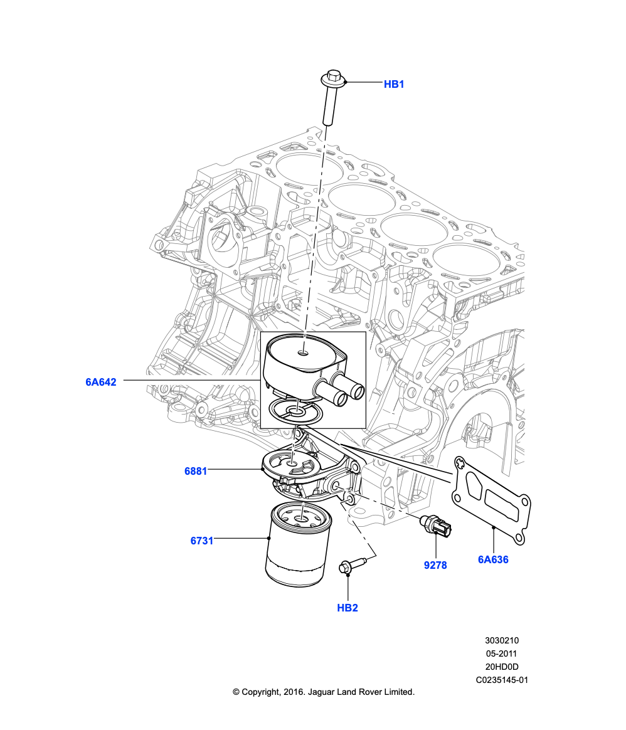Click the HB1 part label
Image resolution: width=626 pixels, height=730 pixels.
click(x=394, y=84)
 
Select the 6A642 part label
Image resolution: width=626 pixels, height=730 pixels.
click(x=101, y=382)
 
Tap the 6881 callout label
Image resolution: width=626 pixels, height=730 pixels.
click(x=196, y=471)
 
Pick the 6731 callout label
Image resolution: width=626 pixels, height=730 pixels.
click(x=202, y=540)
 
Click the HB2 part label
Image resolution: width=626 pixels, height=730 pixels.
click(x=347, y=608)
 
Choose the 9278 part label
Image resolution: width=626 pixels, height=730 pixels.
click(x=435, y=565)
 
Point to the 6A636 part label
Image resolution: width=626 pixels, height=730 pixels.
click(x=493, y=559)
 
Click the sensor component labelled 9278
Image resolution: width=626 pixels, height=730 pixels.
click(x=435, y=527)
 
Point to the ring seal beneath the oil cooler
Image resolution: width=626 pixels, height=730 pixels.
click(x=296, y=413)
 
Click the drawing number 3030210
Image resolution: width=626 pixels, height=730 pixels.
click(x=502, y=640)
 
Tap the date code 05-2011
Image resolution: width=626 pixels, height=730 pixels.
click(x=502, y=653)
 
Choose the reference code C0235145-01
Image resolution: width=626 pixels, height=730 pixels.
click(x=502, y=680)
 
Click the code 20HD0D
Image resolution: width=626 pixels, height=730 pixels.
click(x=502, y=667)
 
